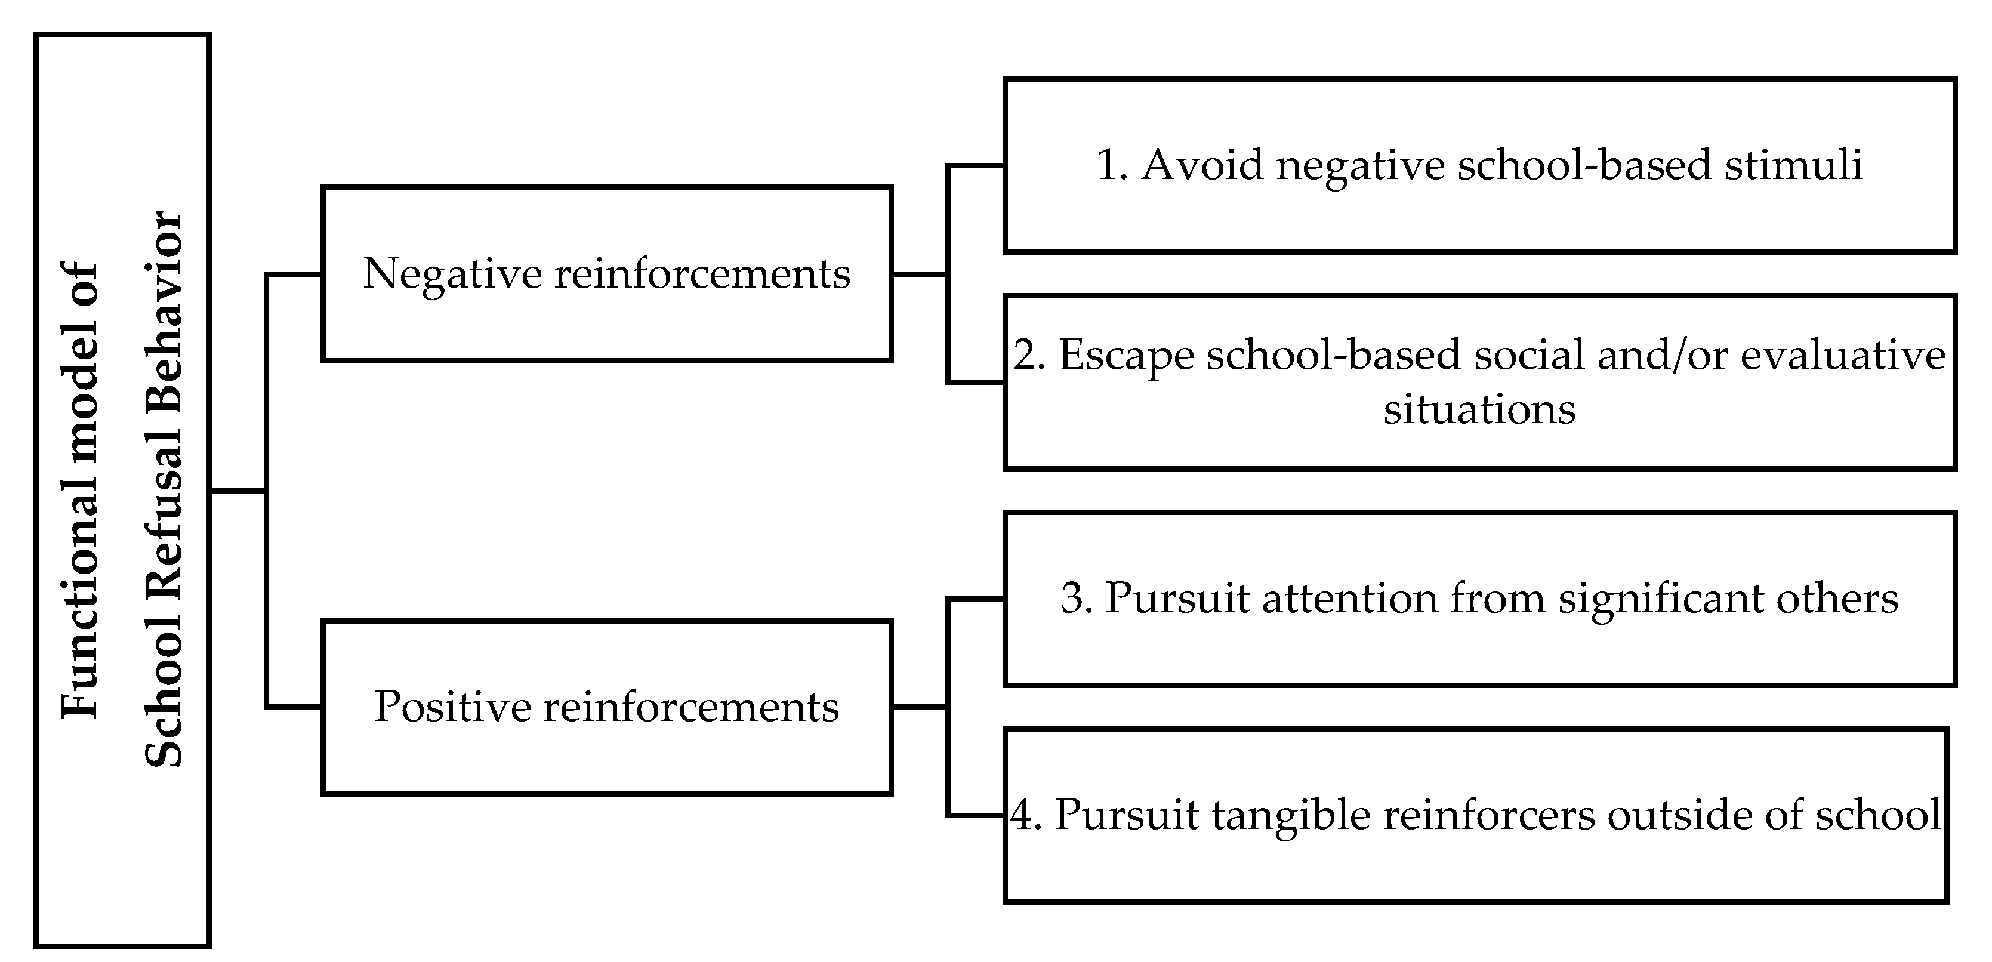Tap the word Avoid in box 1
coord(1202,165)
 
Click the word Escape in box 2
coord(1125,356)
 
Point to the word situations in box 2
coord(1479,410)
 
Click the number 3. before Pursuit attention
coord(1075,599)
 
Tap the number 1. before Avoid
coord(1111,165)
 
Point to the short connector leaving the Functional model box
coord(238,491)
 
